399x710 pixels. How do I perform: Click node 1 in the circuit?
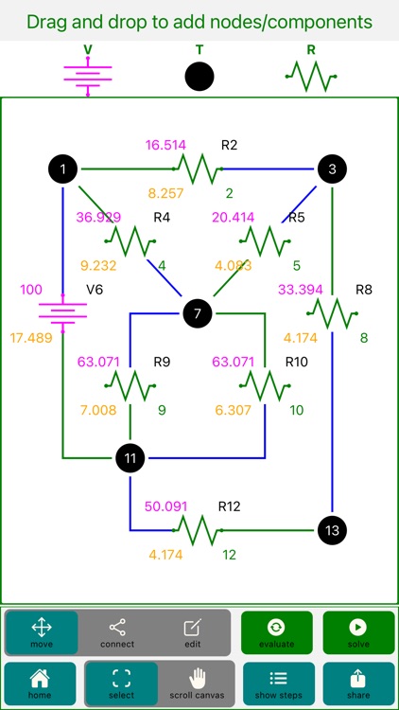pos(62,169)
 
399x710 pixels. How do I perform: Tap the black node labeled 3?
pos(332,169)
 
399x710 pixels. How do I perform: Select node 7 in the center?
pos(197,313)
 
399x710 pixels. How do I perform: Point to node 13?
pos(332,529)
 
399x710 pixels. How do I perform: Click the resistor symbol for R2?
pos(197,169)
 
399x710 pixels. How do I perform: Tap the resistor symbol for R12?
pos(197,529)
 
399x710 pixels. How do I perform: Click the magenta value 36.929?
pos(98,217)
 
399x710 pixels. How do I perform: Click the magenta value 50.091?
pos(167,506)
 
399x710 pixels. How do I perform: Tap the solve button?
pos(358,632)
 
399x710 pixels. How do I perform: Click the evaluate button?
pos(276,632)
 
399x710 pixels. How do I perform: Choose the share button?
pos(358,683)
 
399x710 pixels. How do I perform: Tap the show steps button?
pos(276,683)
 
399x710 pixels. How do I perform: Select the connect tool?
pos(117,632)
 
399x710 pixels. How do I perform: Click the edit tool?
pos(193,632)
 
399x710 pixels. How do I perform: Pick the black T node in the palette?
pos(199,77)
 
